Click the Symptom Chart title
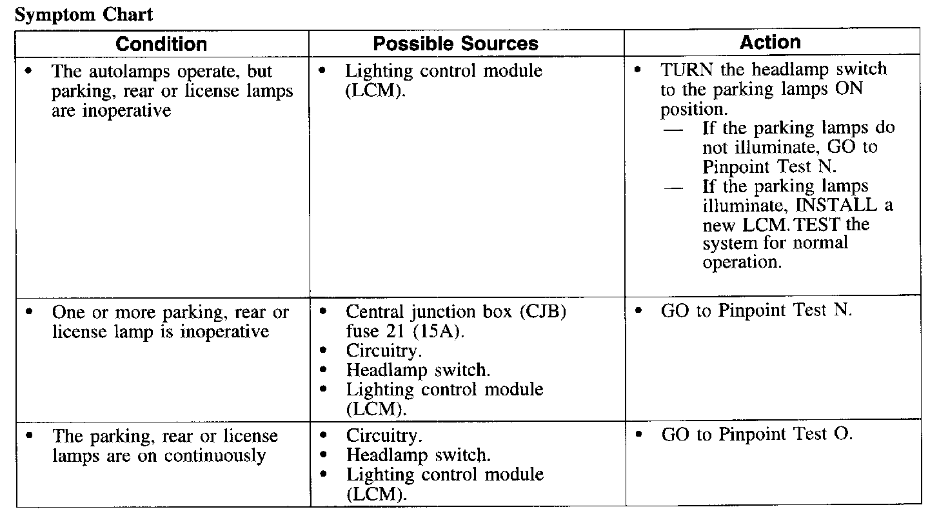[83, 15]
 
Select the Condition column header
[161, 44]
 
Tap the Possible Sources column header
[455, 44]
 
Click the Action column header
[770, 43]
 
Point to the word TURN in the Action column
[684, 70]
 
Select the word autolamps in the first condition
[123, 71]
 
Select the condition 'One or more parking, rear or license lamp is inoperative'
[170, 322]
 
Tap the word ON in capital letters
[849, 89]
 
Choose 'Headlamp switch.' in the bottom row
[418, 455]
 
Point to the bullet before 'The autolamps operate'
[28, 70]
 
